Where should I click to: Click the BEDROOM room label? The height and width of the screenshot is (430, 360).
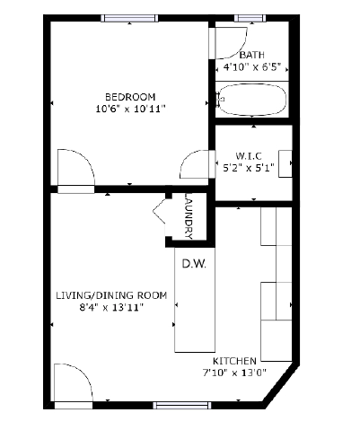click(x=130, y=97)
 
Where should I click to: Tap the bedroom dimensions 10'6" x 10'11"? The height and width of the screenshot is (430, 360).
click(x=130, y=109)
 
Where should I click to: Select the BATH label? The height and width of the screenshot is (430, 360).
click(x=252, y=55)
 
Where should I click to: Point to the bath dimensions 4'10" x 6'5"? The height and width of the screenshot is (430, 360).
click(x=252, y=67)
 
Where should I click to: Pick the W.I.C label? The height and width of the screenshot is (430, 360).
click(x=249, y=156)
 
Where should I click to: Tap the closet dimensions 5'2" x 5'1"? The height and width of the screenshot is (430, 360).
click(x=249, y=168)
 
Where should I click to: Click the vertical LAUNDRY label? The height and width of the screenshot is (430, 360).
click(x=189, y=215)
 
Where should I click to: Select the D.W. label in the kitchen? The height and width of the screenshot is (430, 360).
click(x=194, y=264)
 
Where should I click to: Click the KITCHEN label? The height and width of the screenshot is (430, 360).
click(x=234, y=361)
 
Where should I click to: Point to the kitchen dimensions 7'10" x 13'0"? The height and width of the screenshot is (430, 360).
click(x=234, y=373)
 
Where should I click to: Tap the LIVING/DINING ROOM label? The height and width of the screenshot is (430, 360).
click(x=111, y=295)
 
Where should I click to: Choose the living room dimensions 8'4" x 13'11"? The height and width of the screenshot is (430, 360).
click(x=111, y=307)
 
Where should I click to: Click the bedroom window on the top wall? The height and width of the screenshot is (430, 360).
click(x=129, y=18)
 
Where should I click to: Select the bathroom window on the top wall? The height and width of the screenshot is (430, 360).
click(x=250, y=18)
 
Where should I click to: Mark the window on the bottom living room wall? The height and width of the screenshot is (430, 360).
click(x=182, y=406)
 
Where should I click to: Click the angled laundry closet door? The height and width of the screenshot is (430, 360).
click(x=159, y=211)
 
